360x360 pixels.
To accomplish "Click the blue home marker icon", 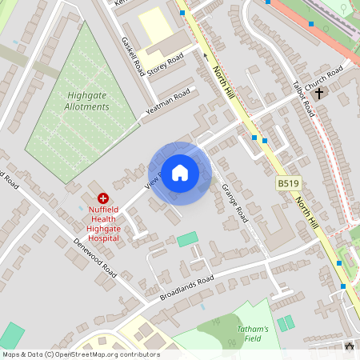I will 180,172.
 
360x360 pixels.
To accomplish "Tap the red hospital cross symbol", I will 102,197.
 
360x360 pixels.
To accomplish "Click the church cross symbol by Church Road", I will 319,94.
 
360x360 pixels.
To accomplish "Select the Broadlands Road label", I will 187,287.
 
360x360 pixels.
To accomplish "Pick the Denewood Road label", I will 94,258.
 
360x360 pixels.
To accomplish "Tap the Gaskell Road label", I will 132,54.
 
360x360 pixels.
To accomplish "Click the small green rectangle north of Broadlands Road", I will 187,238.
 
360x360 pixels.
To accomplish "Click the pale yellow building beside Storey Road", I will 154,25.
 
